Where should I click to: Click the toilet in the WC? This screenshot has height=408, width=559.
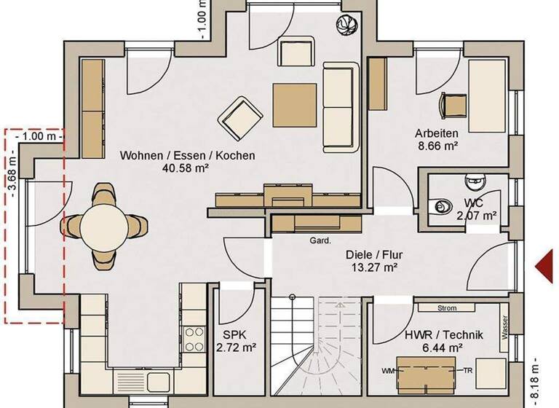pyautogui.click(x=442, y=207)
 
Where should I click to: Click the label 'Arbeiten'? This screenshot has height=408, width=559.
pyautogui.click(x=436, y=133)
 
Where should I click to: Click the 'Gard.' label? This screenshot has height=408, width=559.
pyautogui.click(x=320, y=240)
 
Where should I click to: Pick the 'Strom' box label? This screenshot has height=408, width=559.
pyautogui.click(x=448, y=308)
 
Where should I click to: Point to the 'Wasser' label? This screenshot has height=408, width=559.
pyautogui.click(x=504, y=327)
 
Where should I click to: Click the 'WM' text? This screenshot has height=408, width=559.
pyautogui.click(x=386, y=371)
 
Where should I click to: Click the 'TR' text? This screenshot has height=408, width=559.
pyautogui.click(x=469, y=371)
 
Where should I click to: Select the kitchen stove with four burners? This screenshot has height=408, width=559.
pyautogui.click(x=194, y=340)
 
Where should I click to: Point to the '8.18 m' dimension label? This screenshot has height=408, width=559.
pyautogui.click(x=538, y=380)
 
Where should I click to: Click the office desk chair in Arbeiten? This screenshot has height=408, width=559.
pyautogui.click(x=453, y=105)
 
